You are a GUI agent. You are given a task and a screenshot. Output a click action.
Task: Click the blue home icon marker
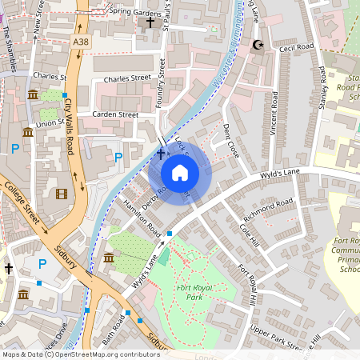click(180, 173)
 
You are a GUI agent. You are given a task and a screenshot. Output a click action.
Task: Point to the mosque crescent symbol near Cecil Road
click(258, 45)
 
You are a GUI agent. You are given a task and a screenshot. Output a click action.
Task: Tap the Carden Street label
click(116, 114)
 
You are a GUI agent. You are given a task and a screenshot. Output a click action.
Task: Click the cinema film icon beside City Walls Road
click(62, 193)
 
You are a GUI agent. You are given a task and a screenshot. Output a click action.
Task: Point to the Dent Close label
click(231, 138)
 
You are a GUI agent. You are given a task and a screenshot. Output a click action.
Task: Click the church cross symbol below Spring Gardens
click(150, 22)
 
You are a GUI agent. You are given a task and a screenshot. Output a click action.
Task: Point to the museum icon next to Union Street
click(33, 95)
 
